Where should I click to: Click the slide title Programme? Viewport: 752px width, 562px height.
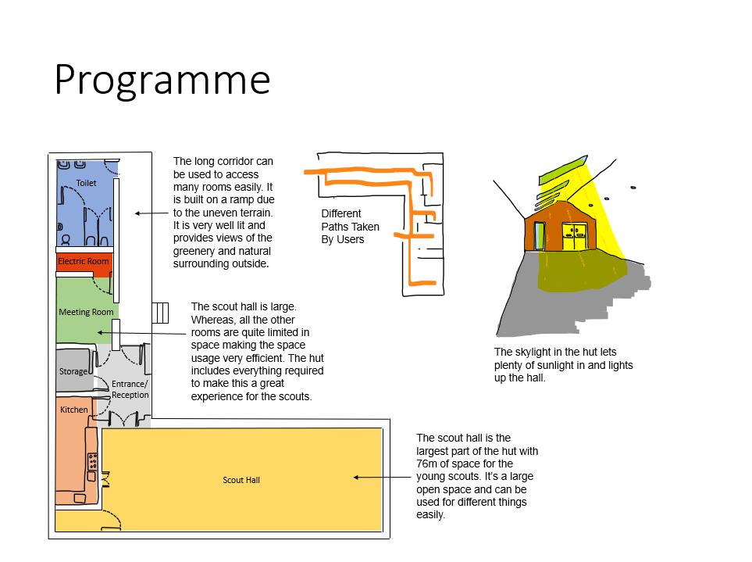(162, 80)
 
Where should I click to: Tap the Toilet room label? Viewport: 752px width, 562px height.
(86, 183)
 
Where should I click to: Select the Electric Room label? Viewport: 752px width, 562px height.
(83, 261)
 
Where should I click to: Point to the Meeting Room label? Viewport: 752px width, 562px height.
(86, 312)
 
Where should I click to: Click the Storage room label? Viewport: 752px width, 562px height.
(73, 371)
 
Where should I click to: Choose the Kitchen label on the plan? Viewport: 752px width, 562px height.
(74, 409)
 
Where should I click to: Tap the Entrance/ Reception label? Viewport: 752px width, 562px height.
(130, 389)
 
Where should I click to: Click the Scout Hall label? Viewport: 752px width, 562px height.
(241, 480)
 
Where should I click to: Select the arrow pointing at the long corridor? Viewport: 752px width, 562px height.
(151, 213)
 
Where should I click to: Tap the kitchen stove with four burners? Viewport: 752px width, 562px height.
(92, 460)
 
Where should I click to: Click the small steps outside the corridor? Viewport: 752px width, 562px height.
(160, 313)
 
